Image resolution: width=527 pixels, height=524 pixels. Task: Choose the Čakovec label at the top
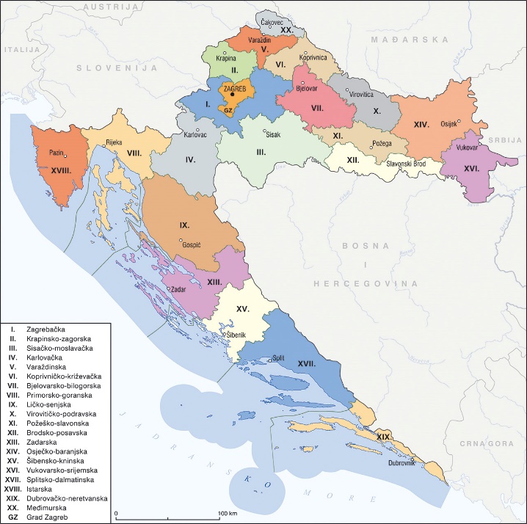[x=272, y=23]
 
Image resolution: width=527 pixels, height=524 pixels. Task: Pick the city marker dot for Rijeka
[x=105, y=146]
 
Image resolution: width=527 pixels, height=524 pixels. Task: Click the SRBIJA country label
[x=506, y=141]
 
